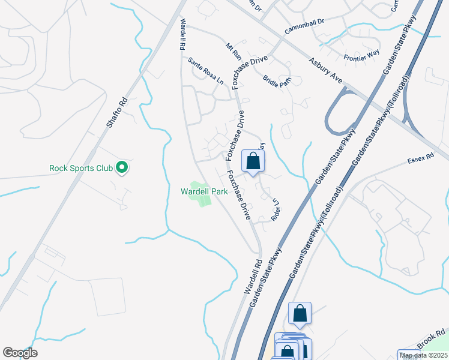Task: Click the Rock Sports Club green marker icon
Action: (x=122, y=167)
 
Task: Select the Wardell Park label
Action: (x=203, y=192)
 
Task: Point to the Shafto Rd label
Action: (x=117, y=113)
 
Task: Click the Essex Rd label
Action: (x=420, y=160)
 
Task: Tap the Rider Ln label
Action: (x=277, y=208)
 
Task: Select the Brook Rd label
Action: (x=431, y=339)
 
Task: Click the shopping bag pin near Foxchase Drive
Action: (x=253, y=161)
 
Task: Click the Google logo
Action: (x=20, y=353)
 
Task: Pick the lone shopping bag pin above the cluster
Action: (x=300, y=313)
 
